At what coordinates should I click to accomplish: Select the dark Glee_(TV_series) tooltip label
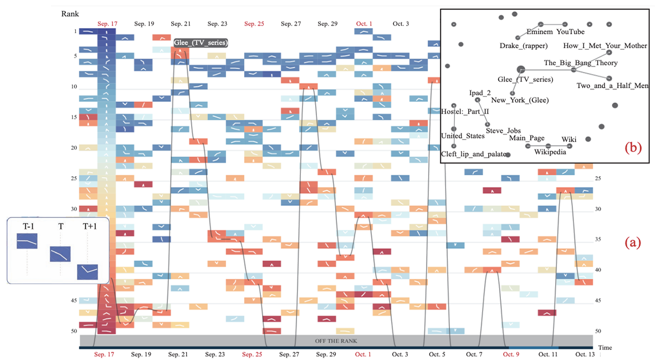coord(201,43)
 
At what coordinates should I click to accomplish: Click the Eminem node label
coord(540,32)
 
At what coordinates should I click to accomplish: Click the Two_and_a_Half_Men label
coord(612,85)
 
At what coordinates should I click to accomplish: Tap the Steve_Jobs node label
coord(503,131)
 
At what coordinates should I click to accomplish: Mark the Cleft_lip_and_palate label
coord(474,155)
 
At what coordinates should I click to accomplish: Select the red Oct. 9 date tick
coord(510,354)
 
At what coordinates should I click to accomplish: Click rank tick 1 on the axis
coord(75,32)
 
